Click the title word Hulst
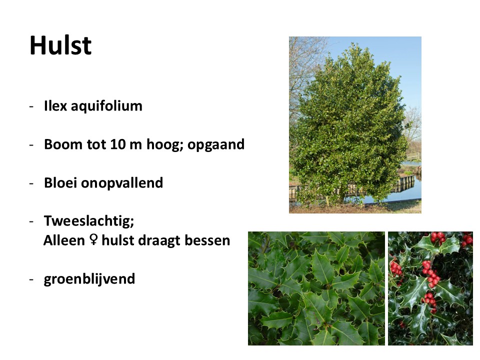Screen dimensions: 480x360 [x=60, y=45]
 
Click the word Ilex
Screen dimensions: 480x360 [x=55, y=105]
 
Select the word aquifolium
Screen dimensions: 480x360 [x=106, y=106]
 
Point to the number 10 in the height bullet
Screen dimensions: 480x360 [x=118, y=144]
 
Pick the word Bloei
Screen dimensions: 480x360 [x=60, y=183]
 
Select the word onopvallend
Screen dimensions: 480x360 [x=122, y=183]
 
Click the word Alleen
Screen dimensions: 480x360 [x=64, y=240]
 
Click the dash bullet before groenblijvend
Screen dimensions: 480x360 [x=31, y=279]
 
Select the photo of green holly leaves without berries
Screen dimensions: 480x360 [x=316, y=288]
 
